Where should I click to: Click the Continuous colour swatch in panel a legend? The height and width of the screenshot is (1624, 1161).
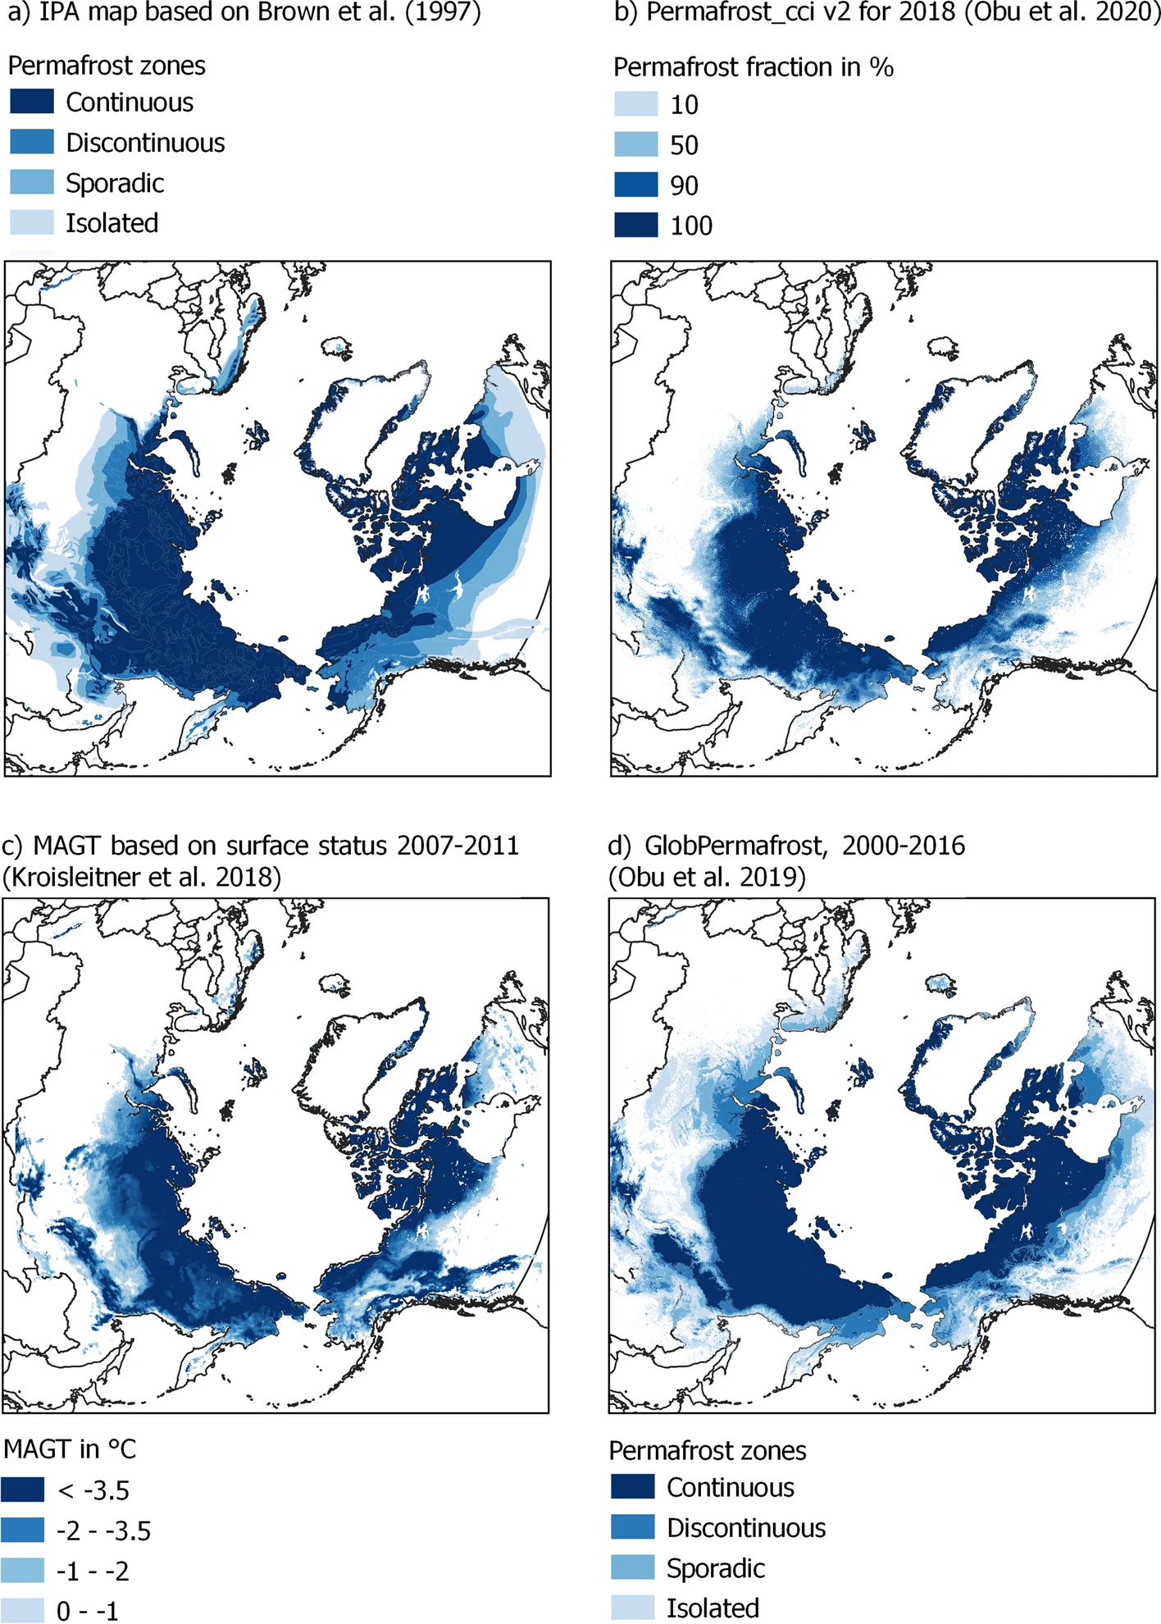pos(32,102)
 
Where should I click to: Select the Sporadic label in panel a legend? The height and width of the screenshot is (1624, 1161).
pos(115,183)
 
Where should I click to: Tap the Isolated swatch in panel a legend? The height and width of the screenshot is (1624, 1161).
pos(32,222)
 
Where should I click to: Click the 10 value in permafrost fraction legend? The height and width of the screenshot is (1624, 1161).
pos(684,105)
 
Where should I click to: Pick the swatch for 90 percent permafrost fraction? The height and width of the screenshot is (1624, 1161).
pos(636,185)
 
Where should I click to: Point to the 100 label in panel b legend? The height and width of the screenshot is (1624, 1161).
pos(691,226)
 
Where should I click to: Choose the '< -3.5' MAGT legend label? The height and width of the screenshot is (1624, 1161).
pos(93,1490)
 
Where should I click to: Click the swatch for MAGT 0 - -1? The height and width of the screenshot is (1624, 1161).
pos(22,1610)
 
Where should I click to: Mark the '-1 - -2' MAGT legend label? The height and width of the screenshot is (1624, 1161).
pos(93,1571)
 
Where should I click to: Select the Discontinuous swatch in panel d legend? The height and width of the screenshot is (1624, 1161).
pos(633,1527)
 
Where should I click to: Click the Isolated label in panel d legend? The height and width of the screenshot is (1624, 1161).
pos(713,1608)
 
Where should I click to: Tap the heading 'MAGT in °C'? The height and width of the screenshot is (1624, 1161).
pos(70,1449)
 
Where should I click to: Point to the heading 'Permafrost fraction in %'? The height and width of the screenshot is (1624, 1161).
pos(753,66)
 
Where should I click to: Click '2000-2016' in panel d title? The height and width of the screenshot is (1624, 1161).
pos(903,845)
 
